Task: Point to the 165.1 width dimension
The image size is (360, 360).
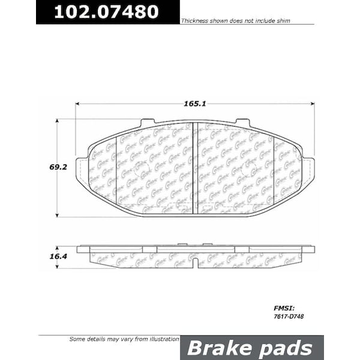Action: click(195, 104)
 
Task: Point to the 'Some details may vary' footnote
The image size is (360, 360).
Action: click(124, 340)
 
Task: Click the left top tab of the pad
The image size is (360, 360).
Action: click(147, 123)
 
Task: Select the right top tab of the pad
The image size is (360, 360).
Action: click(242, 123)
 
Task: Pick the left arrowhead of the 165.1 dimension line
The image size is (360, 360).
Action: click(79, 104)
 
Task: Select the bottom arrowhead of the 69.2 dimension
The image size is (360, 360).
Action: click(57, 214)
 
